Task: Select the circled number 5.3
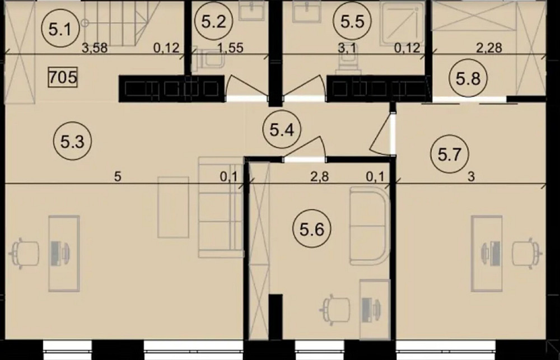(x=72, y=142)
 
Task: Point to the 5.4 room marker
(x=282, y=130)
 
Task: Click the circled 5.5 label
(x=352, y=22)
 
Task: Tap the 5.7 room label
(x=450, y=155)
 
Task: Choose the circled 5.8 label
(x=468, y=77)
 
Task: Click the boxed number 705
(x=63, y=78)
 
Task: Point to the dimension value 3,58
(x=95, y=48)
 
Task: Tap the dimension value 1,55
(x=230, y=48)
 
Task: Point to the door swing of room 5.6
(x=306, y=147)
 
